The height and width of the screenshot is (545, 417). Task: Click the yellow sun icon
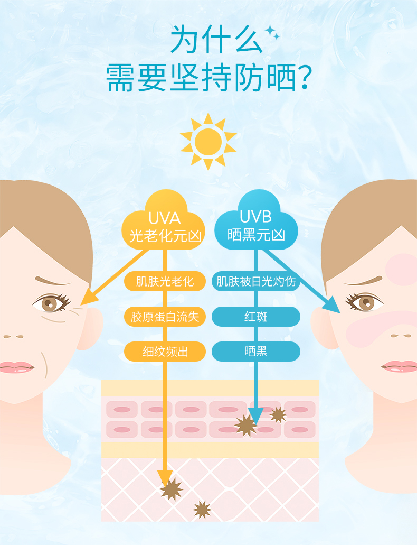pos(208,142)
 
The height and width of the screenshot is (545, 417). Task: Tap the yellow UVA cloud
pos(163,222)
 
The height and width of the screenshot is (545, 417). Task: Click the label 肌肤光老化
pos(165,281)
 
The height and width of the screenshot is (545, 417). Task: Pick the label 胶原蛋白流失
pos(165,317)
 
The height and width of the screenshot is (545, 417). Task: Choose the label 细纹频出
pos(165,352)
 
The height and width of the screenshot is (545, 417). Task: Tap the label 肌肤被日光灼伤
pos(256,281)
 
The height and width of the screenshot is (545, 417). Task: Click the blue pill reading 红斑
pos(256,317)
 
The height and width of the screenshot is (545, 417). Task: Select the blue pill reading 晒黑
pos(256,352)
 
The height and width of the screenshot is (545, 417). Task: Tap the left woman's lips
pos(16,367)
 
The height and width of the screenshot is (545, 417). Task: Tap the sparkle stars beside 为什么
pos(272,32)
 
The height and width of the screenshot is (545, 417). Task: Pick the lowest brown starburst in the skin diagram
pos(202,510)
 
